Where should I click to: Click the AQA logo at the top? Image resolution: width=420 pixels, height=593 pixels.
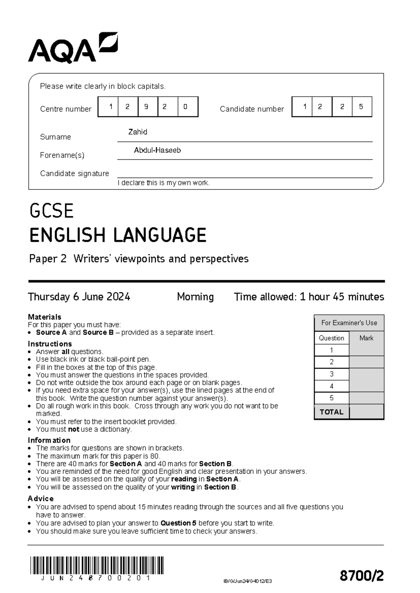point(72,48)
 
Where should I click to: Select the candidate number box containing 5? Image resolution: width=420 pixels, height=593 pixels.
point(362,107)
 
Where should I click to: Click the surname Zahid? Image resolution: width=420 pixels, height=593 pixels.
point(138,132)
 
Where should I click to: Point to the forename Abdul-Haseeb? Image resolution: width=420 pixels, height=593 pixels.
point(157,150)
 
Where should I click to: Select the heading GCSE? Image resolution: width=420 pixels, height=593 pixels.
point(51,211)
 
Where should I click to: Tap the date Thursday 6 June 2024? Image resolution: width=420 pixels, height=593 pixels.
point(79,297)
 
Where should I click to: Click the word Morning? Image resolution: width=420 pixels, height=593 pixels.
point(195,297)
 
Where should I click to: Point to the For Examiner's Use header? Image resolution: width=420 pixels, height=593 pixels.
point(349,323)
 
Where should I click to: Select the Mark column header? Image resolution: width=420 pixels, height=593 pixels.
point(366,338)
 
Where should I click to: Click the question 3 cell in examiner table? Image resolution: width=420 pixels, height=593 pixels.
point(331,374)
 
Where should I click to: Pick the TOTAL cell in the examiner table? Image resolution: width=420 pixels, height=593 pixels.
point(331,412)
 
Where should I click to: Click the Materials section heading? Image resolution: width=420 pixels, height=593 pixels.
point(44,317)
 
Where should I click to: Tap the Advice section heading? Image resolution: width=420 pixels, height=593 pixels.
point(41,499)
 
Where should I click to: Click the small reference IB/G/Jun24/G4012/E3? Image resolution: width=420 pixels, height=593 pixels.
point(247,581)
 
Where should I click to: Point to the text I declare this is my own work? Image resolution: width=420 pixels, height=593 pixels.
point(163,183)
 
